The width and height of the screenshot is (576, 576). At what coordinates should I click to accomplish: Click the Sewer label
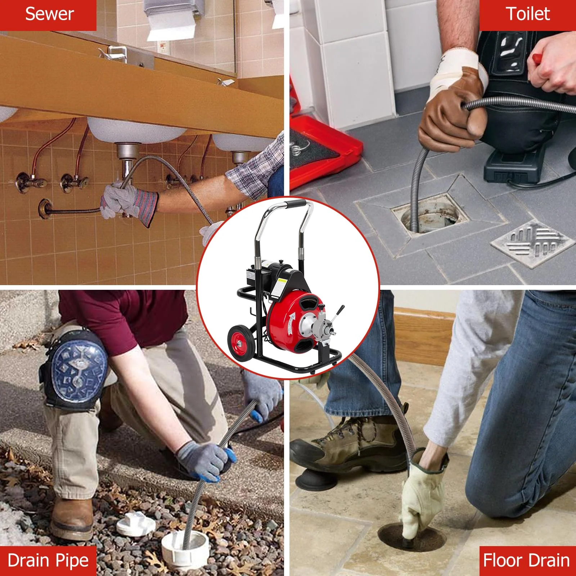[x=48, y=14]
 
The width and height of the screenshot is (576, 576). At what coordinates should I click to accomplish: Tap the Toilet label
[x=528, y=14]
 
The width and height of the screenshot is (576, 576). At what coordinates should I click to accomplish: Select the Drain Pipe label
[x=48, y=561]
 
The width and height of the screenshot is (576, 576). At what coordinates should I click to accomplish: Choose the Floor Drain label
[x=527, y=561]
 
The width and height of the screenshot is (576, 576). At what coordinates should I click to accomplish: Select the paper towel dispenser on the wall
[x=169, y=18]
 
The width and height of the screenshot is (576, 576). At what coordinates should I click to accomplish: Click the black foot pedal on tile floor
[x=511, y=166]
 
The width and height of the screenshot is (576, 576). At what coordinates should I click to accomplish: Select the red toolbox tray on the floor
[x=317, y=151]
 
